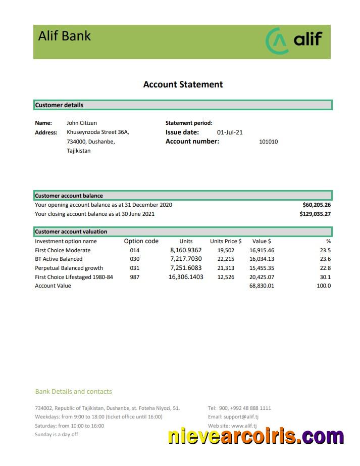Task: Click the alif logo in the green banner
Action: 293,41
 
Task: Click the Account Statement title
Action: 183,84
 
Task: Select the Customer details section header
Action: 59,105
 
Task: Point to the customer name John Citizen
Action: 82,123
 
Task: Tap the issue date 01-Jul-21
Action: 230,132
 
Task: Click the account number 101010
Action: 268,142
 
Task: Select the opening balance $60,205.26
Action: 316,205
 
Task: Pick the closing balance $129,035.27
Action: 315,214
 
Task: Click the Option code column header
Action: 141,241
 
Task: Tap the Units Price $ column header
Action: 226,241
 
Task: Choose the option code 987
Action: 134,277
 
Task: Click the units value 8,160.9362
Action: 186,250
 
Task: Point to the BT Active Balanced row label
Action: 59,259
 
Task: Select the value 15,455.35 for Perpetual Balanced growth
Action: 262,268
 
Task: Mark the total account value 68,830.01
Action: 262,286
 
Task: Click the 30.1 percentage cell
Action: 325,277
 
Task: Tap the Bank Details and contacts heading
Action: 74,391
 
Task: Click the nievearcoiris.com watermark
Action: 256,436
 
